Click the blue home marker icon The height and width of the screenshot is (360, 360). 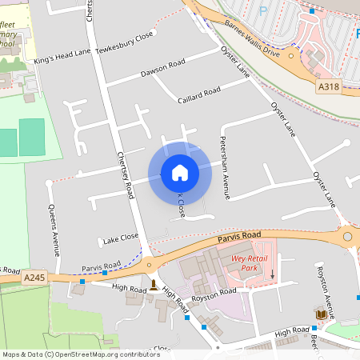[x=180, y=173]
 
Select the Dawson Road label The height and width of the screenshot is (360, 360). [x=162, y=68]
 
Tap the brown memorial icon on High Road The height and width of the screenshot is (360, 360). [x=153, y=285]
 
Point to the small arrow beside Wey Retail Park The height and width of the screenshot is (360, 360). [x=272, y=274]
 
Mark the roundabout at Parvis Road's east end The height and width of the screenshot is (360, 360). [x=347, y=237]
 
